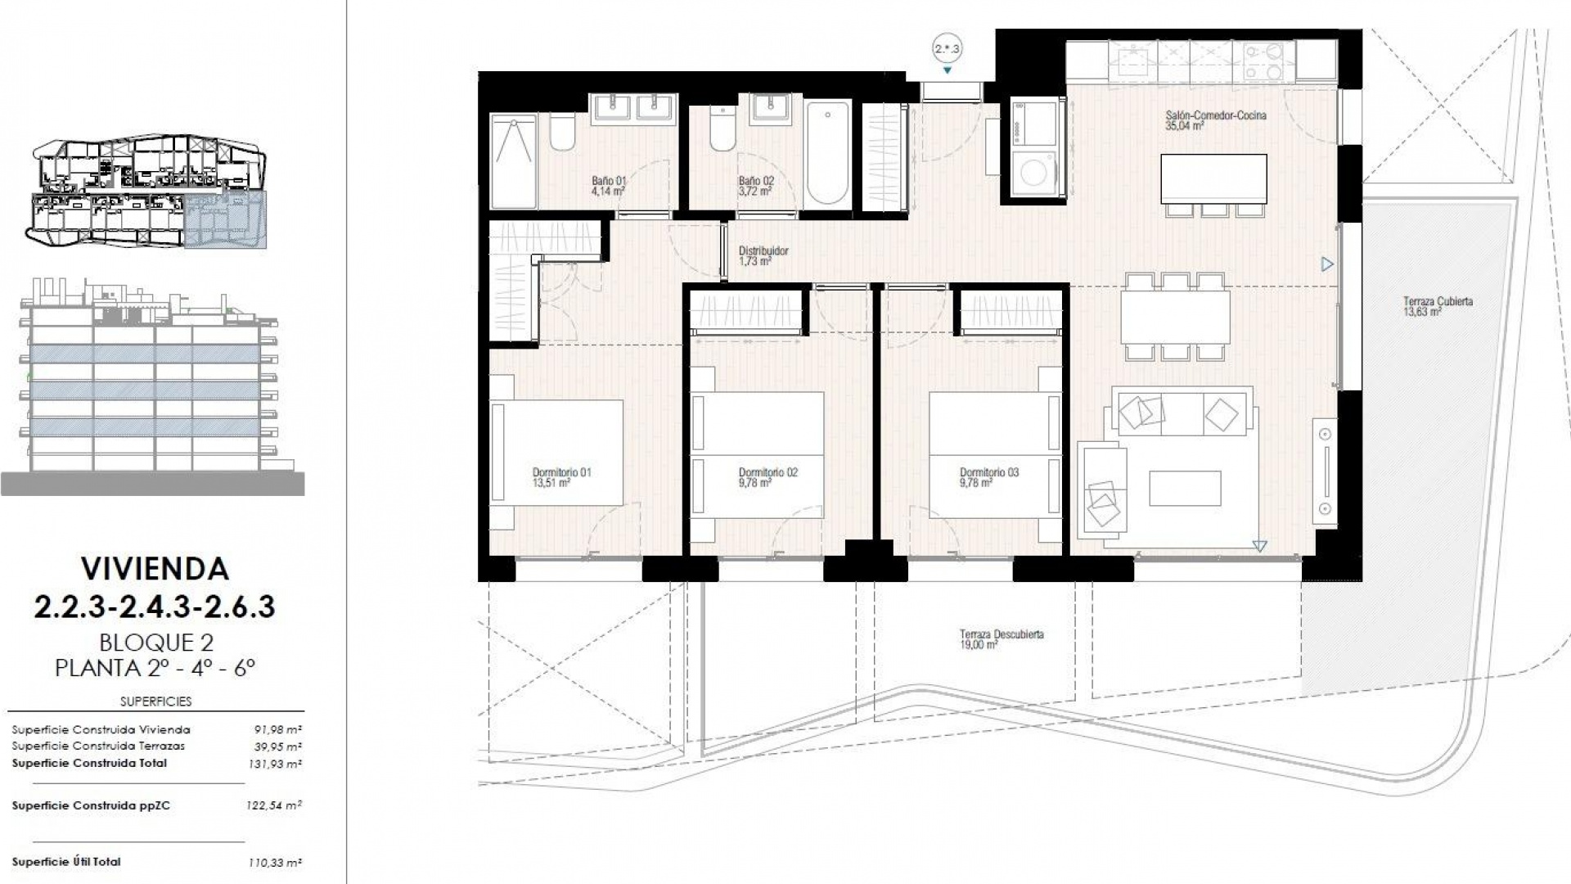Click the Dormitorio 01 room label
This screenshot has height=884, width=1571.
[561, 477]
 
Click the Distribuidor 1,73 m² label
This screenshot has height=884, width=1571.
[763, 255]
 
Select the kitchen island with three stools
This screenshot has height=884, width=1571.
[1213, 178]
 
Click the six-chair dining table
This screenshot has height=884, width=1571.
[1175, 318]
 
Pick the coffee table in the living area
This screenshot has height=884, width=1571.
[1185, 488]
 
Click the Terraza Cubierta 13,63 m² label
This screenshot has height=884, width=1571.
[1438, 306]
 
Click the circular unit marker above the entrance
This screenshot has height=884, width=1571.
[948, 49]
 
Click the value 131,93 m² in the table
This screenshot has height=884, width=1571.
[274, 764]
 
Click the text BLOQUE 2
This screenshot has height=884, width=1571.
[155, 642]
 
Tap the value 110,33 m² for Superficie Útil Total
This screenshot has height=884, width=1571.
[274, 863]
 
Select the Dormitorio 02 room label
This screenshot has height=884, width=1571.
[767, 477]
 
